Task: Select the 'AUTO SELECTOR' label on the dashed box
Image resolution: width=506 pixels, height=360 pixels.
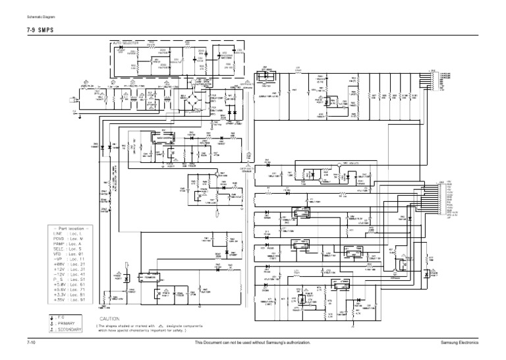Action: click(x=126, y=44)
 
